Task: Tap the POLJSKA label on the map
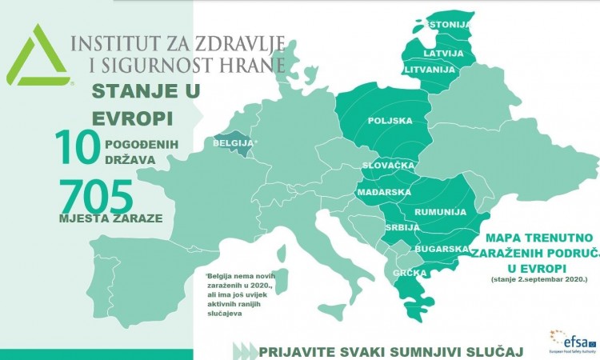tap(390, 121)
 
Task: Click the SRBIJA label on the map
tap(401, 228)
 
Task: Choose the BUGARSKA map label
tap(440, 250)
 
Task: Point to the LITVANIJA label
tap(427, 70)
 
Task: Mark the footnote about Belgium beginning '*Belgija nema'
tap(240, 294)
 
